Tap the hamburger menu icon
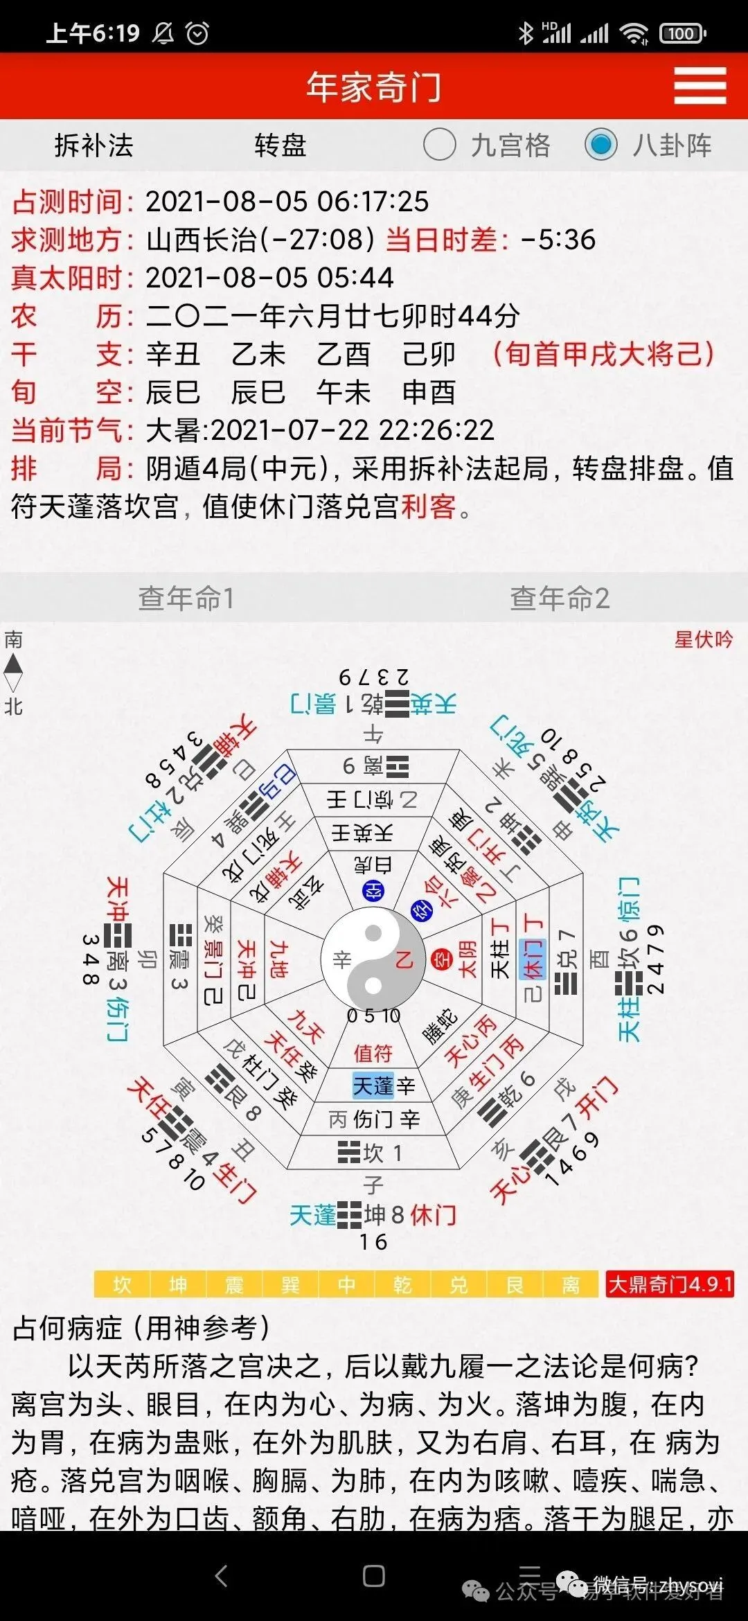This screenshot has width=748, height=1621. pyautogui.click(x=700, y=86)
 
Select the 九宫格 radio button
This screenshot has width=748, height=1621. pyautogui.click(x=439, y=145)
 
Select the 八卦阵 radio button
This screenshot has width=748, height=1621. pyautogui.click(x=600, y=145)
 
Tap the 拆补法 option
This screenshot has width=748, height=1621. pyautogui.click(x=93, y=145)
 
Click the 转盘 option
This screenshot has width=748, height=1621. pyautogui.click(x=280, y=145)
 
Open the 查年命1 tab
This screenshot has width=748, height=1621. pyautogui.click(x=186, y=598)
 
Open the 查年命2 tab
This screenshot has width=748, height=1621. pyautogui.click(x=560, y=598)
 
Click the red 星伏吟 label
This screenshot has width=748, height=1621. pyautogui.click(x=703, y=639)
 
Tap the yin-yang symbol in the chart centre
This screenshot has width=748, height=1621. pyautogui.click(x=373, y=959)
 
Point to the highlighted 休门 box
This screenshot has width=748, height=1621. pyautogui.click(x=532, y=959)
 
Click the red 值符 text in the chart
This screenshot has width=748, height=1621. pyautogui.click(x=373, y=1054)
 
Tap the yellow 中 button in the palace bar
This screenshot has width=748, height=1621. pyautogui.click(x=346, y=1285)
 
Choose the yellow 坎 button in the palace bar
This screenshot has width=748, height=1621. pyautogui.click(x=123, y=1285)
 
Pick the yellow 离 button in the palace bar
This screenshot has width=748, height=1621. pyautogui.click(x=571, y=1285)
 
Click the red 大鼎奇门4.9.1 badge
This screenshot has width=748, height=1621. pyautogui.click(x=670, y=1285)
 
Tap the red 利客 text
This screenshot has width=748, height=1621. pyautogui.click(x=428, y=506)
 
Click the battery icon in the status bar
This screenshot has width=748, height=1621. pyautogui.click(x=682, y=33)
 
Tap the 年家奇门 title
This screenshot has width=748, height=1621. pyautogui.click(x=373, y=87)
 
